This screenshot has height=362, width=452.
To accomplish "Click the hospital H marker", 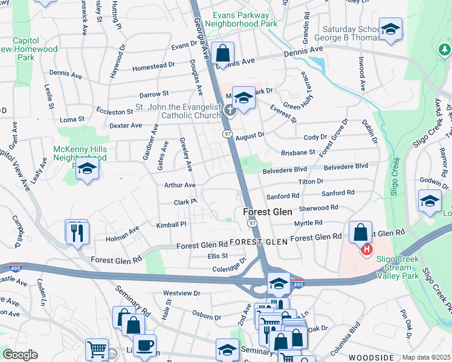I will (366, 249).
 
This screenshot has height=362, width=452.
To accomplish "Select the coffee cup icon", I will (144, 346).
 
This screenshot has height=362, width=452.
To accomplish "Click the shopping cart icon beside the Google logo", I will (97, 349).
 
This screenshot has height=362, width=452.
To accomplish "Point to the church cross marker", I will (230, 110).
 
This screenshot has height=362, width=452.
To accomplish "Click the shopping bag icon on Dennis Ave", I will (223, 54).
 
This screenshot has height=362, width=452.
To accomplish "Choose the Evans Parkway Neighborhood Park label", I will (241, 19).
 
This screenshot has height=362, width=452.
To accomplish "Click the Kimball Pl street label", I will (172, 224).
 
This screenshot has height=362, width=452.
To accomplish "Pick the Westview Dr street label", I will (182, 293).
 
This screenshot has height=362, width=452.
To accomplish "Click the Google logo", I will (20, 355).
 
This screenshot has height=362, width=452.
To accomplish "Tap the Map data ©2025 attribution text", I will (426, 357).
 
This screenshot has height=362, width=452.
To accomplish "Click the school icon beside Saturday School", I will (391, 30).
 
